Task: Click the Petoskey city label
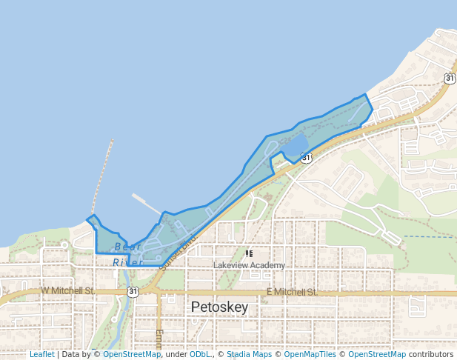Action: point(219,307)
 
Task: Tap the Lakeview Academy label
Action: point(249,266)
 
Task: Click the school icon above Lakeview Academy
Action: point(249,254)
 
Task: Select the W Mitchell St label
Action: point(68,291)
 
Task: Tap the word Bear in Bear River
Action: point(127,247)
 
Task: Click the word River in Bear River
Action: point(127,262)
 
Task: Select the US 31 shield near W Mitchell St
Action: point(133,292)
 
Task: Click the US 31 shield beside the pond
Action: point(307,157)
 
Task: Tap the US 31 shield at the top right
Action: point(450,78)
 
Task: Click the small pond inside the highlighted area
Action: point(296,146)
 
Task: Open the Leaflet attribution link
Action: point(41,354)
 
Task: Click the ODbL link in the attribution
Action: point(199,354)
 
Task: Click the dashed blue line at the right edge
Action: point(430,237)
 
